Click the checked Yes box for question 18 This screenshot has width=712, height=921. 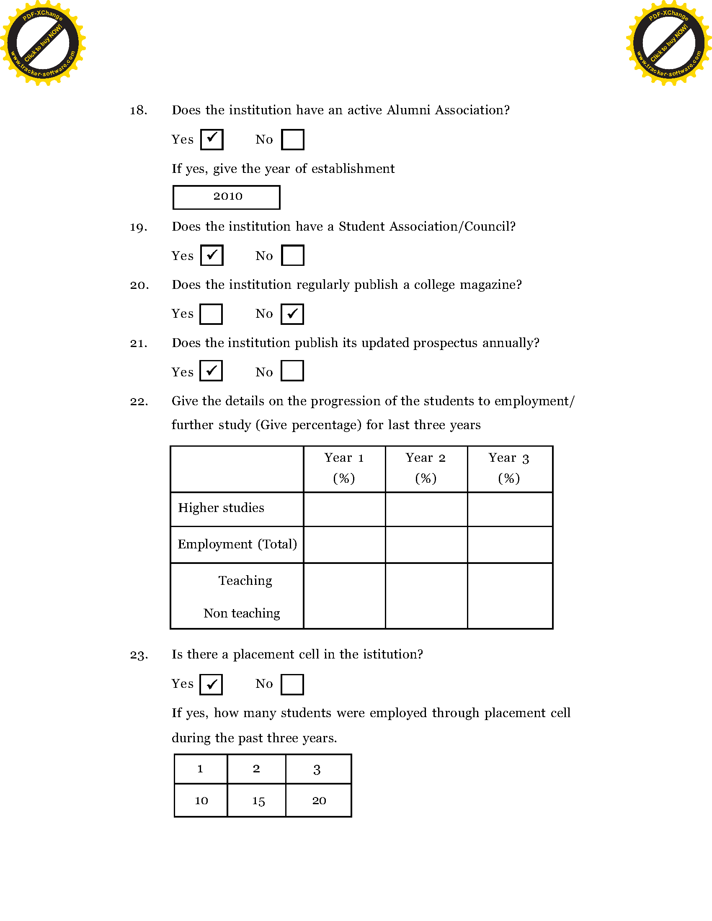click(x=212, y=139)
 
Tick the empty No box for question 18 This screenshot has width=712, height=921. click(x=292, y=139)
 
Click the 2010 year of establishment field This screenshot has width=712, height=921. click(x=227, y=197)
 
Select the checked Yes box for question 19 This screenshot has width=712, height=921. click(x=212, y=255)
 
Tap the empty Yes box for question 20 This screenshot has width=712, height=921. click(x=211, y=314)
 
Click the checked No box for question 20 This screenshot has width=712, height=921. click(x=292, y=314)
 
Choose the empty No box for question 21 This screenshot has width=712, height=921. click(x=292, y=371)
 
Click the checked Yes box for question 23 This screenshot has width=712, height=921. click(x=211, y=684)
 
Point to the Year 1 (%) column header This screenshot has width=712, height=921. click(x=344, y=468)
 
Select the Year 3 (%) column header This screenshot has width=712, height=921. click(x=509, y=468)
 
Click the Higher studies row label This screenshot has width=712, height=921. click(x=222, y=508)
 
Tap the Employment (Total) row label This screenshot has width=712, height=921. click(x=237, y=544)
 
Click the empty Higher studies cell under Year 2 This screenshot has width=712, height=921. click(x=426, y=509)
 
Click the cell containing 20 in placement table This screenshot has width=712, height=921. click(x=319, y=800)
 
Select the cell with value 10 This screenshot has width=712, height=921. click(x=201, y=800)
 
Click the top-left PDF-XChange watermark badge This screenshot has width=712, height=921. click(x=43, y=43)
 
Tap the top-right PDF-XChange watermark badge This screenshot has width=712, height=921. click(x=669, y=43)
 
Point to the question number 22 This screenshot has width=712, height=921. click(x=139, y=401)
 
